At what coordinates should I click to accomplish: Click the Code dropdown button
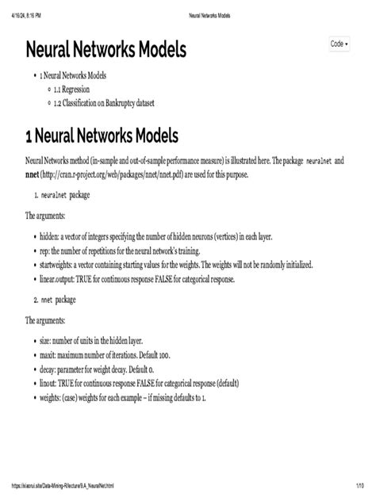(x=340, y=44)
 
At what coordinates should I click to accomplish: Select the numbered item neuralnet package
(x=67, y=193)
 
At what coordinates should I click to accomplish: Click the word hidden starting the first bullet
(x=49, y=238)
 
